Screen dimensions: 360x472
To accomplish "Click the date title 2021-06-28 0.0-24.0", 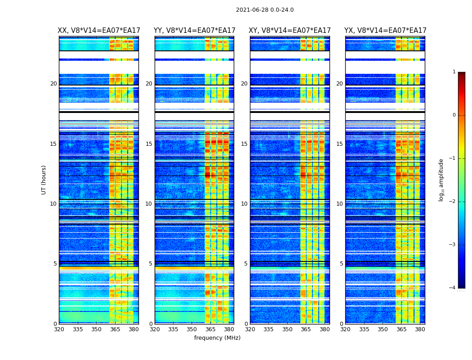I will point(265,10).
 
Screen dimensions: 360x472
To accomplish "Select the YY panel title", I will point(194,31).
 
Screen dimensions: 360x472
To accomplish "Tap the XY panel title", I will point(289,31).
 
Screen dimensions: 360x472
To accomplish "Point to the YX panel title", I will point(385,31).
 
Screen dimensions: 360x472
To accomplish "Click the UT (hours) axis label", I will point(44,180).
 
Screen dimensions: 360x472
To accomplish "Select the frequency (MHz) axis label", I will point(217,338).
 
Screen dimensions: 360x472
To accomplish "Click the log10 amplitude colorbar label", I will point(441,180).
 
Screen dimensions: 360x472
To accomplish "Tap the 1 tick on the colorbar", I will point(454,72).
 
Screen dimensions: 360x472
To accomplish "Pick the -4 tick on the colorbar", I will point(453,288).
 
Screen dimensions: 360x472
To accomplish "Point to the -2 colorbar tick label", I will point(453,202).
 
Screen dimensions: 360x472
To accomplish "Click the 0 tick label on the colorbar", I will point(454,115).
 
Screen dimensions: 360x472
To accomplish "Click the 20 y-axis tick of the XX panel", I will point(53,84).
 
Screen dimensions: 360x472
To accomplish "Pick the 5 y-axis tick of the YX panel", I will point(341,264).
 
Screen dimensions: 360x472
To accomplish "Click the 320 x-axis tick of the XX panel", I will point(59,329).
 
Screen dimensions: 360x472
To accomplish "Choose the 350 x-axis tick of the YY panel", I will point(192,329).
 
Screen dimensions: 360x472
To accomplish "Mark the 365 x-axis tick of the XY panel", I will point(306,329).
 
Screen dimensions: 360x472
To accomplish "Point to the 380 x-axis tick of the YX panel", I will point(420,329).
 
